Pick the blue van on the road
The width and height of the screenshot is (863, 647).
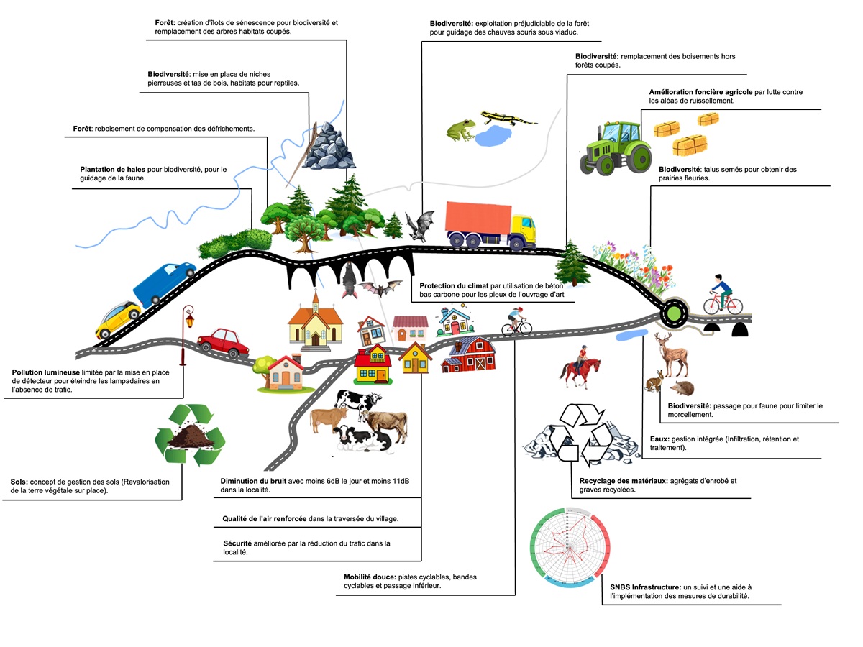163,283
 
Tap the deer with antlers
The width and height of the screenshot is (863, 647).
672,354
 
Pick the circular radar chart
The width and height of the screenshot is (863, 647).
570,548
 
